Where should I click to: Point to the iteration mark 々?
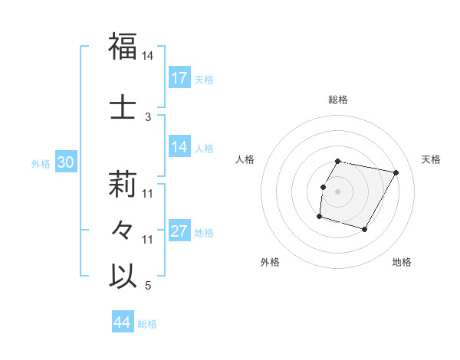pos(123,229)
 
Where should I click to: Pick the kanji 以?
pos(123,276)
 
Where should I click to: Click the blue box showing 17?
pos(179,78)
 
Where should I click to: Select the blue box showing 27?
pos(179,232)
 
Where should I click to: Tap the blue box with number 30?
pos(65,163)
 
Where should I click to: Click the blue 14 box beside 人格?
pos(179,148)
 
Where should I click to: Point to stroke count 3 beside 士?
pos(148,116)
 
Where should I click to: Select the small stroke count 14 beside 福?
pos(148,57)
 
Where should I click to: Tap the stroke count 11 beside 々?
pos(148,240)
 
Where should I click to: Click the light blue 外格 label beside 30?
pos(41,164)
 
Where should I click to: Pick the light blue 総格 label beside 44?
pos(147,324)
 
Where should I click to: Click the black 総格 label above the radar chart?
pos(338,100)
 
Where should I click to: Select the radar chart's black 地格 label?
pos(402,263)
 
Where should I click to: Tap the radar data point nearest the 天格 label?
pos(396,173)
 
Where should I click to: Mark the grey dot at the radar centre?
pos(337,191)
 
